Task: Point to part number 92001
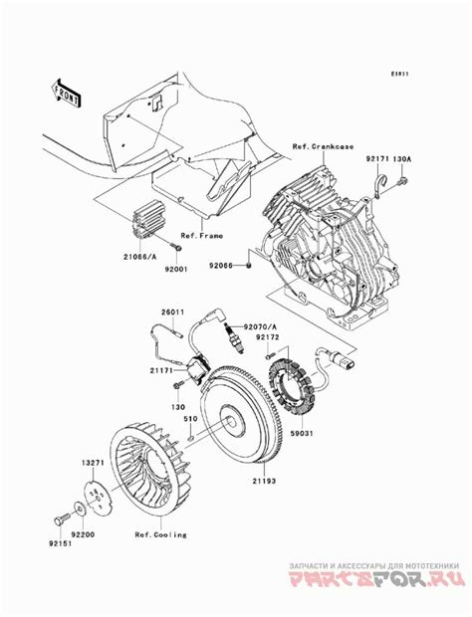pyautogui.click(x=177, y=269)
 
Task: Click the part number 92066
pyautogui.click(x=221, y=267)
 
